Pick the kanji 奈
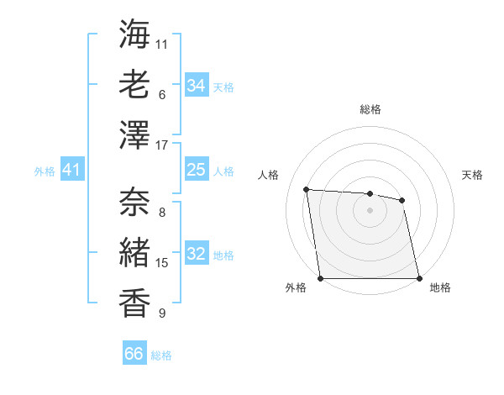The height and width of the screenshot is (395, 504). point(135,201)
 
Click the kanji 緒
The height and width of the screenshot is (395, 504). point(135,251)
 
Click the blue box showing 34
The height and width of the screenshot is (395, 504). point(197,86)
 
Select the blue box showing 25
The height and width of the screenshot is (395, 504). point(197,171)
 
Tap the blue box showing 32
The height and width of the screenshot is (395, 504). point(197,255)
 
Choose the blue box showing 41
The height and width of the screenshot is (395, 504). point(72,171)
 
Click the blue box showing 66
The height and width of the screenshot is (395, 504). point(134,354)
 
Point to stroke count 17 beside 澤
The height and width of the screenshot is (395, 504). point(162,145)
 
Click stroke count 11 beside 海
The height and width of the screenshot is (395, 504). point(162,43)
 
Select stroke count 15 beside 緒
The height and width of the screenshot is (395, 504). point(162,263)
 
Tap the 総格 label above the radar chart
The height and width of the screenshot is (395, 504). point(370,109)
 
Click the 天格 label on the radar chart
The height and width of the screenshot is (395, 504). point(473,175)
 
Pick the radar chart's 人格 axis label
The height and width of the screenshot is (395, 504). point(269,175)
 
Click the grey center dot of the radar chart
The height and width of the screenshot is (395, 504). point(370,210)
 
